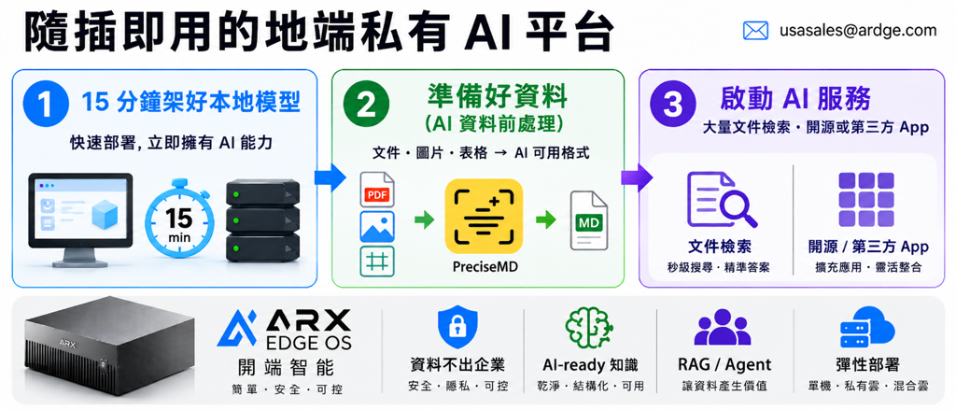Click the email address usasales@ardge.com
tap(858, 30)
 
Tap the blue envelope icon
tap(754, 31)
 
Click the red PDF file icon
tap(377, 191)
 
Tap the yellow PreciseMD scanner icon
tap(485, 216)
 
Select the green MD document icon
tap(589, 220)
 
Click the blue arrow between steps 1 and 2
tap(330, 177)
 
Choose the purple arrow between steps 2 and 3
tap(637, 177)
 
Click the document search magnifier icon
tap(721, 199)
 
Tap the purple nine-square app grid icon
tap(865, 199)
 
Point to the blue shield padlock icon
tap(456, 327)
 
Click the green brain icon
tap(590, 327)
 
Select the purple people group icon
tap(724, 328)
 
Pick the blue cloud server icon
tap(867, 327)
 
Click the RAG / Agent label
tap(724, 365)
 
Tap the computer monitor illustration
tap(81, 220)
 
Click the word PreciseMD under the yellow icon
tap(485, 266)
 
